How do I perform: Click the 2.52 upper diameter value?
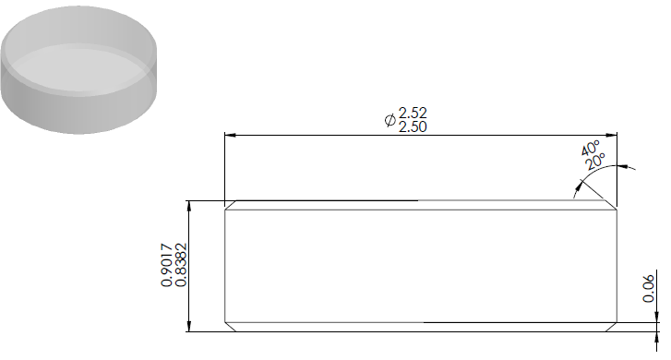(x=413, y=113)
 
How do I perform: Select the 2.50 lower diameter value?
(x=413, y=126)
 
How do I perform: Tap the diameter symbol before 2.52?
(x=389, y=120)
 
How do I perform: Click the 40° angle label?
(x=591, y=148)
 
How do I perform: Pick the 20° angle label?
(x=595, y=161)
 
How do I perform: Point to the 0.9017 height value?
(x=166, y=265)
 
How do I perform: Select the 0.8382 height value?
(x=182, y=265)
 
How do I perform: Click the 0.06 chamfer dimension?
(x=649, y=289)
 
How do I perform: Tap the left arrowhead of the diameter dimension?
(x=230, y=136)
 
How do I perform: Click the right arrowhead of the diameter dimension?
(x=612, y=136)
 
